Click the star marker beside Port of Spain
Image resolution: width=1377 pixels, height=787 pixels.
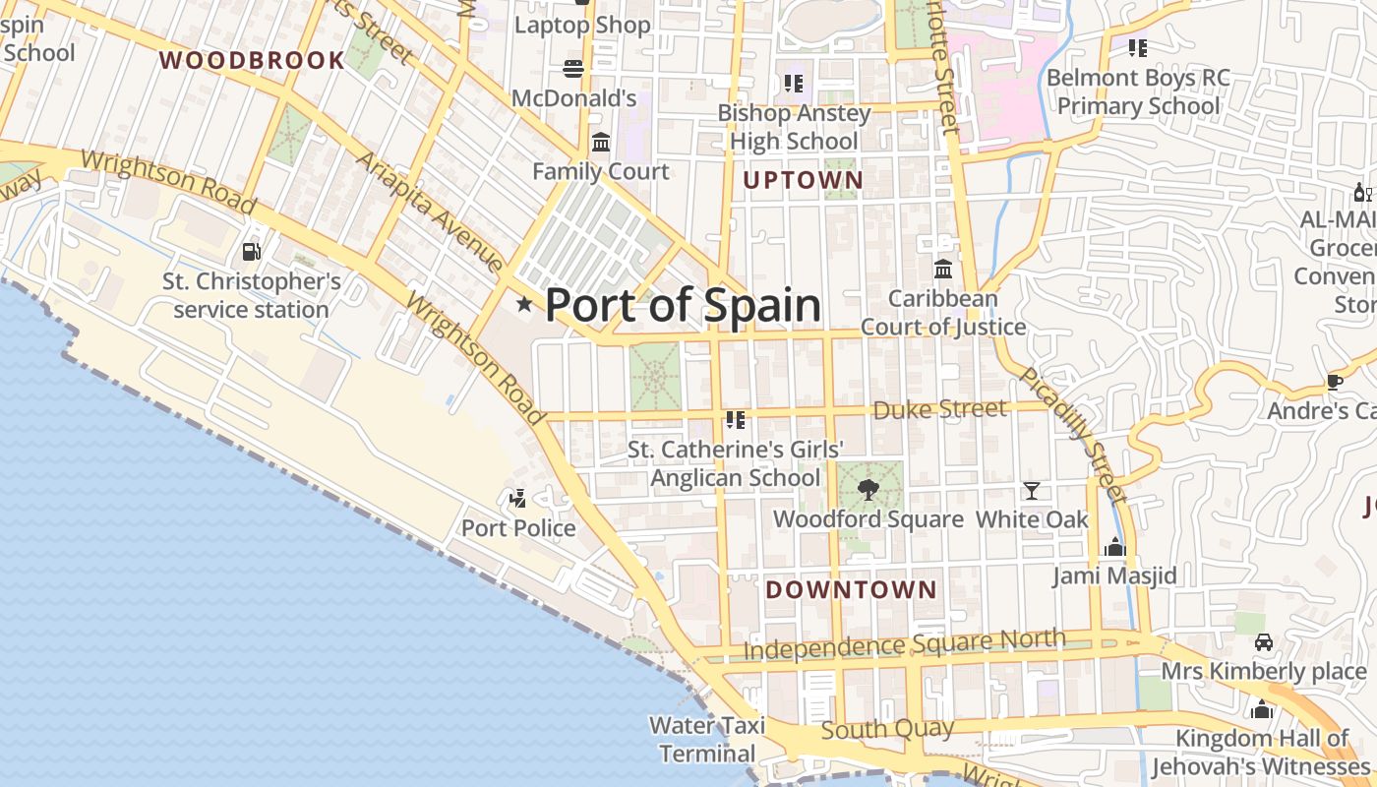(x=524, y=305)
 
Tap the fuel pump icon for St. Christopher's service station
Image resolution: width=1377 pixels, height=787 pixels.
(x=252, y=252)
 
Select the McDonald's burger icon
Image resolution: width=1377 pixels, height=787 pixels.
(x=573, y=68)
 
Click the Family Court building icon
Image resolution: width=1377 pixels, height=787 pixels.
(x=601, y=143)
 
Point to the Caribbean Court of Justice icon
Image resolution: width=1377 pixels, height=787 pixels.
(x=943, y=269)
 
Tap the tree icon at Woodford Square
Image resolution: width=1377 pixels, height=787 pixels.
(x=868, y=489)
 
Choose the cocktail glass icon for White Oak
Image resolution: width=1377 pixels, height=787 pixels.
(x=1031, y=491)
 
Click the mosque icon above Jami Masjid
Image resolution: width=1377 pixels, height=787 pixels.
(x=1114, y=547)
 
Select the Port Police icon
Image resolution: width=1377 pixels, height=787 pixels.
(x=518, y=499)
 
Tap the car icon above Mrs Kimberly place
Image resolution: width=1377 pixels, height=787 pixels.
(x=1264, y=643)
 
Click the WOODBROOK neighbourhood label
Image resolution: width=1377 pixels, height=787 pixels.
(x=252, y=60)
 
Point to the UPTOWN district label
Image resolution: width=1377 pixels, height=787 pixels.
(x=803, y=180)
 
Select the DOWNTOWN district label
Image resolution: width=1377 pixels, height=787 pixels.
(x=851, y=589)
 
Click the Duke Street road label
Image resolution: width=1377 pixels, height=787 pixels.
(x=939, y=409)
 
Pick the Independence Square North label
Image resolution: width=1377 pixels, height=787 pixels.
(x=904, y=643)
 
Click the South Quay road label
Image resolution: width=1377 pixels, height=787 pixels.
(x=886, y=729)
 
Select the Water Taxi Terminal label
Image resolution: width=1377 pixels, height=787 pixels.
(x=707, y=740)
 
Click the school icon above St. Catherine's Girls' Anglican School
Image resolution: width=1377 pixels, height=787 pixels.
(x=735, y=420)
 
